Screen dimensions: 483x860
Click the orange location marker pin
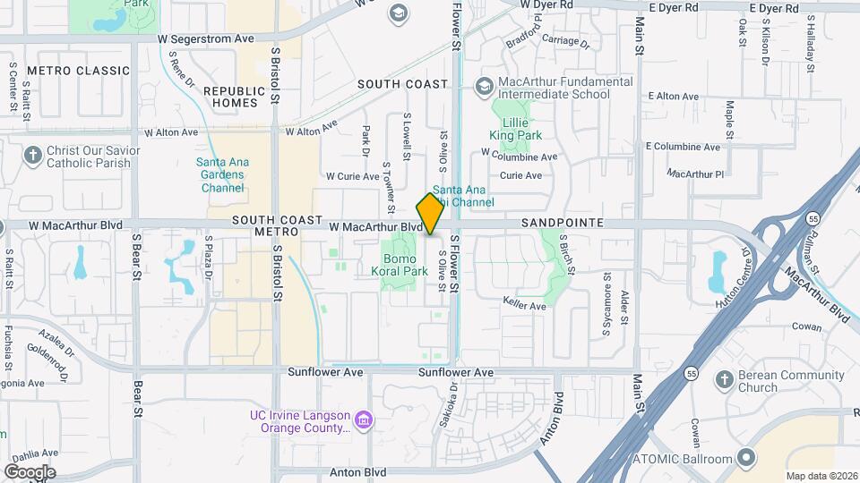pyautogui.click(x=431, y=214)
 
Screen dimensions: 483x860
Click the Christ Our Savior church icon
pyautogui.click(x=33, y=157)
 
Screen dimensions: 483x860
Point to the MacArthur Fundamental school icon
pyautogui.click(x=485, y=87)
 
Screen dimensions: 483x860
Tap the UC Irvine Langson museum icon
pyautogui.click(x=363, y=419)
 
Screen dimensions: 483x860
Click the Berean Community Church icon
pyautogui.click(x=724, y=381)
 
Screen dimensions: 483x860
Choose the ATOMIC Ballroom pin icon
pyautogui.click(x=744, y=459)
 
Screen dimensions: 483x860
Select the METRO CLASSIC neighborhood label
pyautogui.click(x=79, y=71)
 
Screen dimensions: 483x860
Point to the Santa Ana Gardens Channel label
pyautogui.click(x=222, y=175)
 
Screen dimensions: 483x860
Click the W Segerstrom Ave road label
pyautogui.click(x=206, y=39)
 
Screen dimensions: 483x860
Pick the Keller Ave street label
pyautogui.click(x=524, y=306)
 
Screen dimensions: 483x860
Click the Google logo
pyautogui.click(x=30, y=471)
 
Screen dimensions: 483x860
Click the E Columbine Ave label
pyautogui.click(x=683, y=147)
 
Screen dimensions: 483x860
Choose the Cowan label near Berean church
pyautogui.click(x=807, y=327)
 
